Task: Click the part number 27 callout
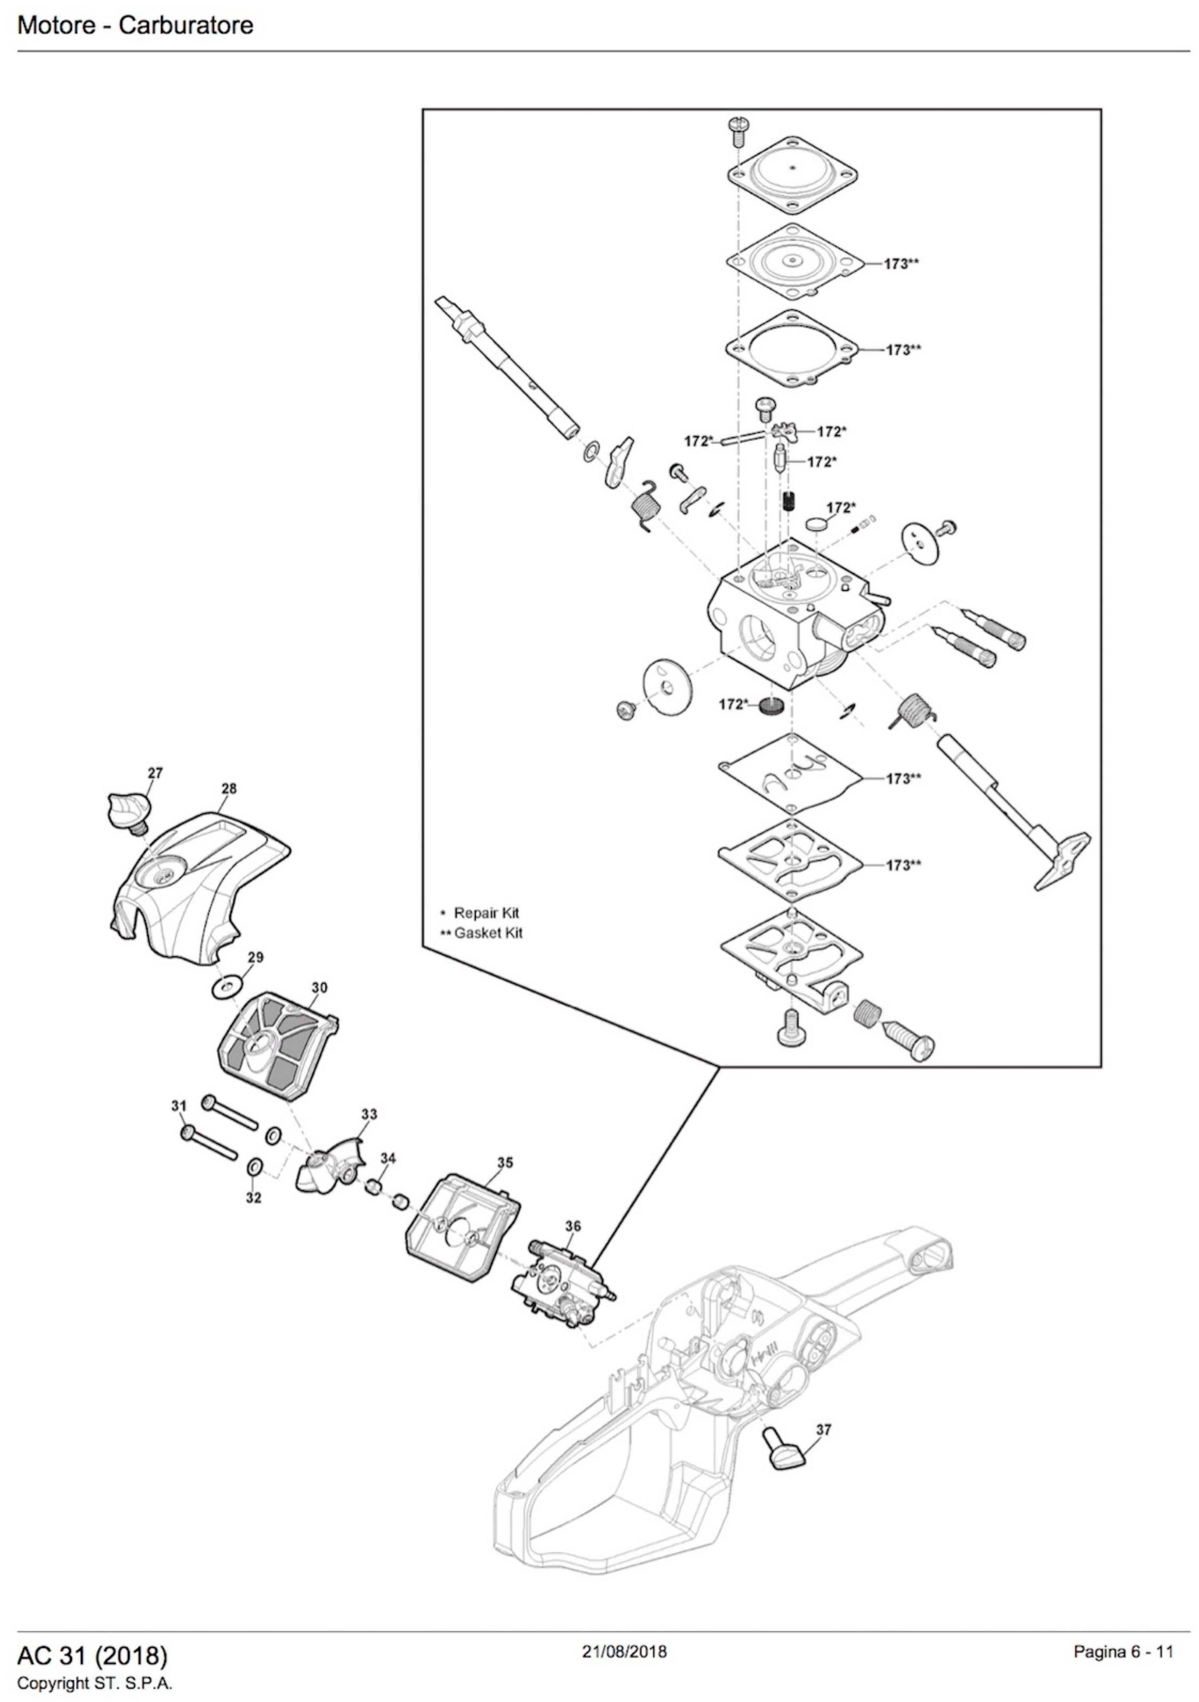click(x=154, y=773)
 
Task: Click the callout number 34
click(x=388, y=1158)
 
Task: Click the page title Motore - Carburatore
click(x=135, y=25)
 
